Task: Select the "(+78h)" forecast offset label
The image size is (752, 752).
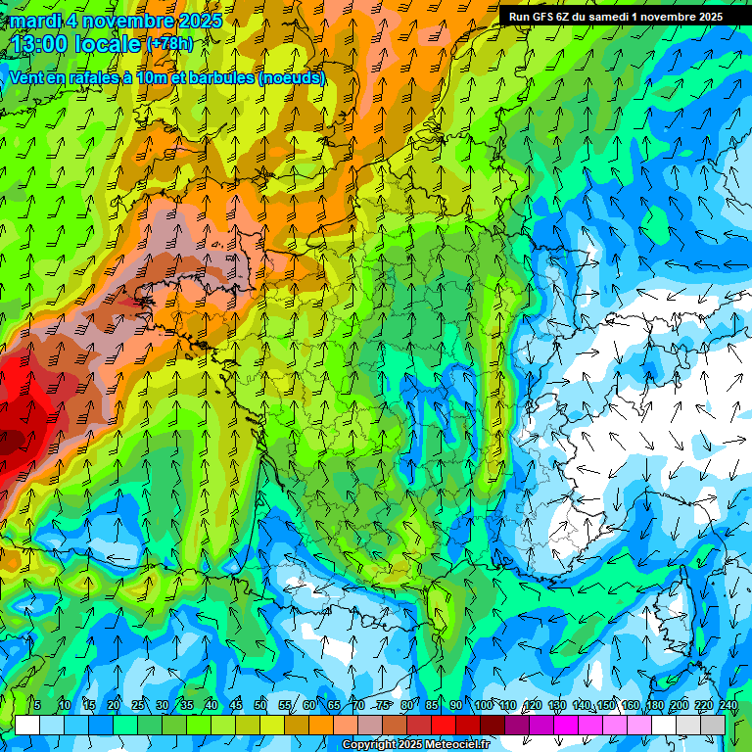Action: coord(169,43)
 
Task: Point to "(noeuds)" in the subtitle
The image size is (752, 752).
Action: coord(292,77)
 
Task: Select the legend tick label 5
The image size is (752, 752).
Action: coord(37,705)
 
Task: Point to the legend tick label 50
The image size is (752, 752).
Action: coord(260,705)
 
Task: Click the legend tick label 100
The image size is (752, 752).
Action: coord(483,705)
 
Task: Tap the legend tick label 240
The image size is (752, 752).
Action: coord(728,705)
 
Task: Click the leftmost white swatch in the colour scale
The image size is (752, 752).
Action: coord(27,725)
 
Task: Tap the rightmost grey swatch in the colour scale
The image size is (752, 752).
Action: coord(713,725)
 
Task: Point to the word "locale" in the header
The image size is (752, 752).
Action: coord(111,44)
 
